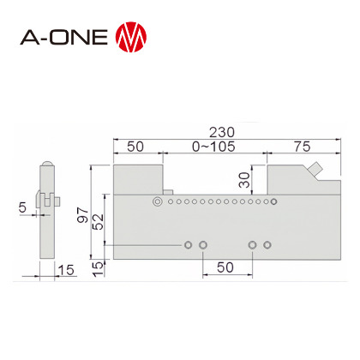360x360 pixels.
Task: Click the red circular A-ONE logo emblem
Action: pos(131,37)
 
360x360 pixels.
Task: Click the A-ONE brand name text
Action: pos(63,37)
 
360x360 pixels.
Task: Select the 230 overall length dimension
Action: pos(222,132)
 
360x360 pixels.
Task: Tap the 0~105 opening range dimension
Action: pos(213,147)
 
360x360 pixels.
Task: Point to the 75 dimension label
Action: pos(303,147)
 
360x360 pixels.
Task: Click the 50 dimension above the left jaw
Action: pos(135,147)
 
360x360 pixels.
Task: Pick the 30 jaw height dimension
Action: pos(244,180)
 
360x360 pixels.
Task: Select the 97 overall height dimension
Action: pos(83,215)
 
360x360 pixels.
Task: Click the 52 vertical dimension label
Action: pos(99,222)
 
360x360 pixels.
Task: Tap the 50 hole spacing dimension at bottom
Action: pos(225,267)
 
